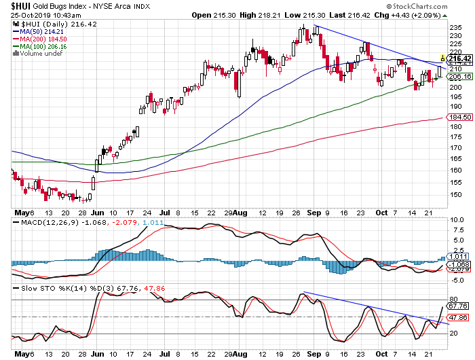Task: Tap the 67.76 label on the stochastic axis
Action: [x=457, y=305]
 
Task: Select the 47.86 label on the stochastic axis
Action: [x=457, y=317]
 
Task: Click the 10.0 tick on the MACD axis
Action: [x=456, y=219]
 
